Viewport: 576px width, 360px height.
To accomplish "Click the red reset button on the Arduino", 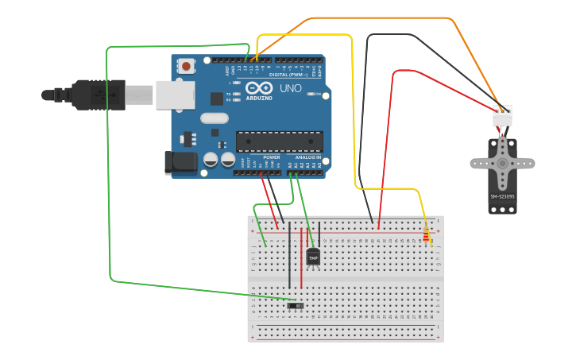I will [x=186, y=66].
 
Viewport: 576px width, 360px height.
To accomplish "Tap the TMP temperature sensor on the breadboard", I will [x=313, y=257].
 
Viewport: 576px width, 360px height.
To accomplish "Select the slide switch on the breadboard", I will [x=295, y=305].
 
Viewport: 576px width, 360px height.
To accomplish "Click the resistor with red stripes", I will [x=427, y=234].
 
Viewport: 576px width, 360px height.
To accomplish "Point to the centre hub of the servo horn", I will [x=502, y=163].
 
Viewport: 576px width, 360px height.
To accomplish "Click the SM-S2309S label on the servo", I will [x=502, y=196].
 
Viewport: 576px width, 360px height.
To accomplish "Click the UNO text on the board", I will [x=291, y=89].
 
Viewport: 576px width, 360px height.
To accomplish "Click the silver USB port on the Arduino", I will [x=175, y=95].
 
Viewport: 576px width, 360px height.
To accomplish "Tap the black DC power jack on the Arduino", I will [x=180, y=162].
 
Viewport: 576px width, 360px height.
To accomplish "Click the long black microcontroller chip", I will [x=280, y=141].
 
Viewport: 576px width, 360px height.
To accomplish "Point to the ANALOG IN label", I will [x=308, y=157].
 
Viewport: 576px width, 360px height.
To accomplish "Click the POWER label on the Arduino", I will [x=271, y=157].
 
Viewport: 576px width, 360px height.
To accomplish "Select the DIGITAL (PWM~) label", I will [x=289, y=75].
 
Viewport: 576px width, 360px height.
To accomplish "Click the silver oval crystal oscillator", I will [x=215, y=118].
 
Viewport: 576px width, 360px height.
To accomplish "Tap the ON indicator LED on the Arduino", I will [x=311, y=94].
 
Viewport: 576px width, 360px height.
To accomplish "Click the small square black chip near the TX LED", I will [x=217, y=99].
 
